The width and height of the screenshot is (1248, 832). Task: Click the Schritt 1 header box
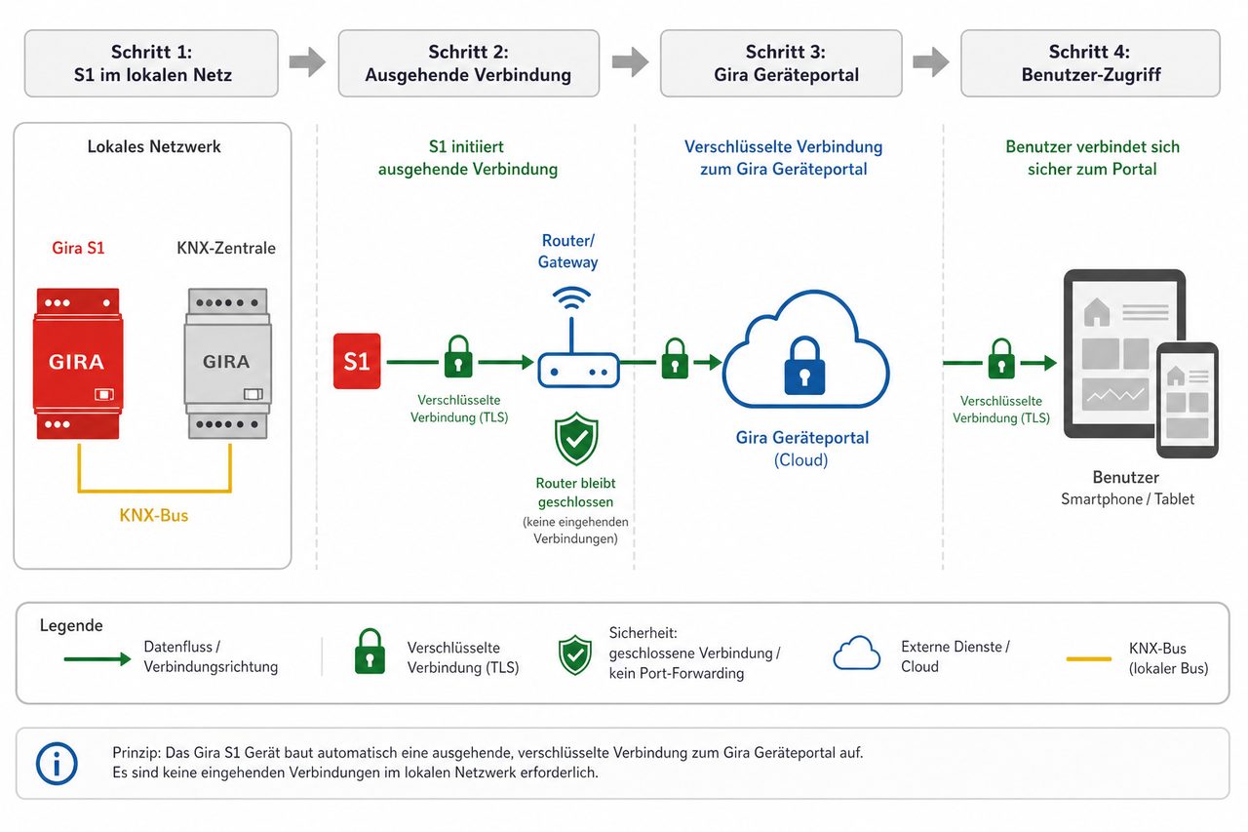pyautogui.click(x=151, y=63)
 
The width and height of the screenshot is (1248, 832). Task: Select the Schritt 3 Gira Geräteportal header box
pyautogui.click(x=781, y=63)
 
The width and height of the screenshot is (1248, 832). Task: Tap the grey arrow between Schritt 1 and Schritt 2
pyautogui.click(x=307, y=61)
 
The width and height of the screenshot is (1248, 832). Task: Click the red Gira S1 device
pyautogui.click(x=78, y=364)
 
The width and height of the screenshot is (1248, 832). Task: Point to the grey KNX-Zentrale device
pyautogui.click(x=228, y=364)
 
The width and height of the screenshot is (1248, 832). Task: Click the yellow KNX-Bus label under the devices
pyautogui.click(x=154, y=515)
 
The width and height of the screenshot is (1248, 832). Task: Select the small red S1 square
pyautogui.click(x=357, y=361)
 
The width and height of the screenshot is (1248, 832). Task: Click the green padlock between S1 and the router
pyautogui.click(x=458, y=357)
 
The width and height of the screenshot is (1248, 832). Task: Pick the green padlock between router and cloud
pyautogui.click(x=676, y=359)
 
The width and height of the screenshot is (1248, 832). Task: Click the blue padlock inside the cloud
pyautogui.click(x=804, y=366)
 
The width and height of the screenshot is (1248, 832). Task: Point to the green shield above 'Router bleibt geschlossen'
pyautogui.click(x=576, y=439)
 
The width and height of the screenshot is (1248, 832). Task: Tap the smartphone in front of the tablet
pyautogui.click(x=1188, y=400)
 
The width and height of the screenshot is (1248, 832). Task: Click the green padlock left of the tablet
pyautogui.click(x=1001, y=359)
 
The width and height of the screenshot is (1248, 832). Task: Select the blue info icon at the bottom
pyautogui.click(x=57, y=764)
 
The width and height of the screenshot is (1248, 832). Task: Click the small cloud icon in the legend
pyautogui.click(x=857, y=653)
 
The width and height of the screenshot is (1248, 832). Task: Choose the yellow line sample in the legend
pyautogui.click(x=1089, y=659)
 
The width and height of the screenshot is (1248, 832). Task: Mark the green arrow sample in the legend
pyautogui.click(x=97, y=659)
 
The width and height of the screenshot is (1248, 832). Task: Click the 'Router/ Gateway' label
pyautogui.click(x=567, y=252)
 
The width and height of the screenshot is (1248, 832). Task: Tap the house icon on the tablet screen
pyautogui.click(x=1097, y=312)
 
